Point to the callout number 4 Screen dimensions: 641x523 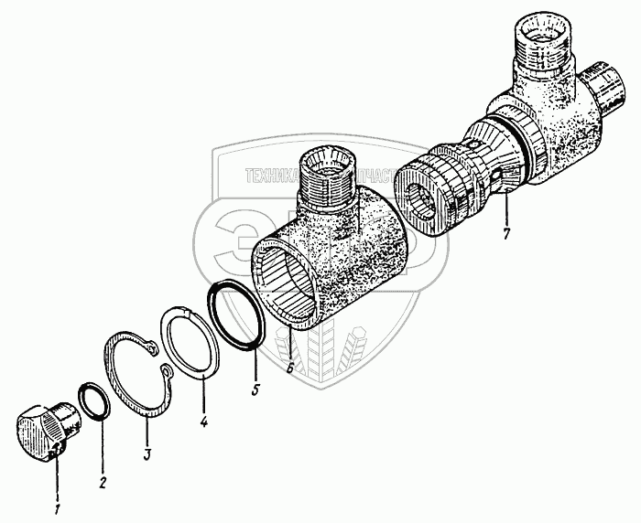pos(203,423)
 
